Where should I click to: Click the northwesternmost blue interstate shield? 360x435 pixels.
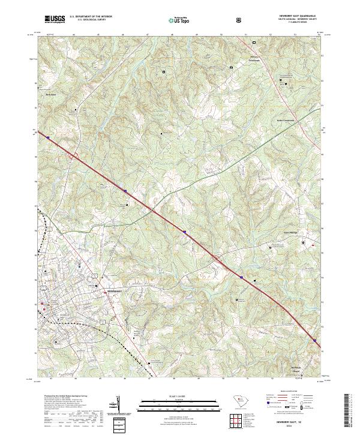tap(47, 137)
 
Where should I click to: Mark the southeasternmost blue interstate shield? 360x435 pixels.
tap(314, 340)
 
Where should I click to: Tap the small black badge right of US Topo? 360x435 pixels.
tap(240, 20)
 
